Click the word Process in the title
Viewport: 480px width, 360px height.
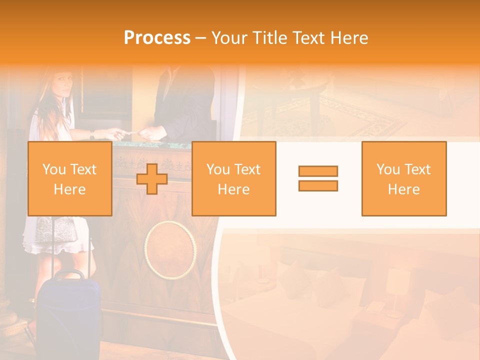point(157,38)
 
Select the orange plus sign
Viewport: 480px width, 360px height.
point(152,179)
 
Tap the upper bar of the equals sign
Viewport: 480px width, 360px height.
point(318,171)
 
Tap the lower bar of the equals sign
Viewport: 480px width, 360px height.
point(318,186)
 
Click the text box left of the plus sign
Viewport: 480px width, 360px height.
point(69,179)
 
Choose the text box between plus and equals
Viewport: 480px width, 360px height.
point(233,179)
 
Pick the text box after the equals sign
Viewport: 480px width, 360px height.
point(403,179)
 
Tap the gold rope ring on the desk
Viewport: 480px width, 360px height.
point(170,250)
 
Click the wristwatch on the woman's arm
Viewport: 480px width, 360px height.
point(92,134)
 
